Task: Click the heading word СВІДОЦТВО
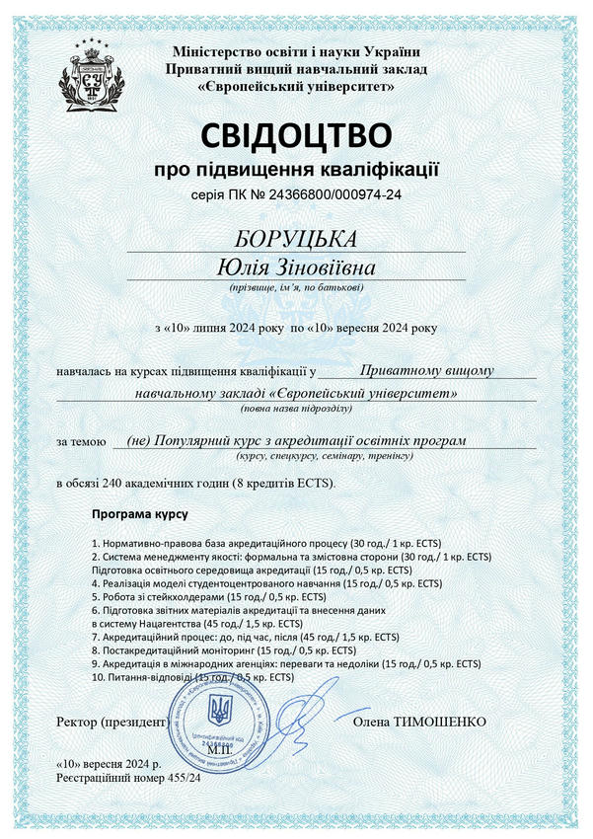pos(297,134)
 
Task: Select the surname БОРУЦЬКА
pos(297,240)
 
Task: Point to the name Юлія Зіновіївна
pos(297,267)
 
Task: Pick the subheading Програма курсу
pos(139,515)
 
